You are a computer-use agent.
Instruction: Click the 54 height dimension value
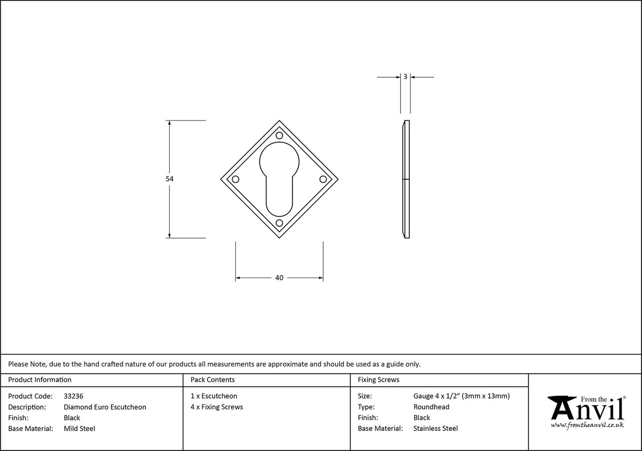click(x=169, y=179)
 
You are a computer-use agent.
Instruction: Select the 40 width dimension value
click(x=279, y=278)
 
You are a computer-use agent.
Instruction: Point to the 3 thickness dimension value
click(x=405, y=77)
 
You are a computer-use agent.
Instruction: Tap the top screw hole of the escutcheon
click(x=279, y=136)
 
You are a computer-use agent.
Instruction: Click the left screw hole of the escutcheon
click(x=236, y=179)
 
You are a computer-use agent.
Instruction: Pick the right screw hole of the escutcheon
click(x=323, y=179)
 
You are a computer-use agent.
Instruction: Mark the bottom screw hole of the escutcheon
click(x=279, y=223)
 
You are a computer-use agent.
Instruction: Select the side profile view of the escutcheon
click(x=406, y=179)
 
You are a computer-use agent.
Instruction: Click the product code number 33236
click(x=73, y=396)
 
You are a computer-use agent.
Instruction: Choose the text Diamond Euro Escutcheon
click(x=105, y=407)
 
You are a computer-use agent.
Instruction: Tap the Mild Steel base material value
click(x=79, y=429)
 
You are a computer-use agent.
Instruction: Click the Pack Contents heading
click(x=213, y=380)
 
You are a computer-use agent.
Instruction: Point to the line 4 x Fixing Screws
click(x=217, y=407)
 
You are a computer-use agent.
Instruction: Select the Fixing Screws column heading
click(x=379, y=380)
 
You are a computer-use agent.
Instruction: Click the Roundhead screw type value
click(x=431, y=407)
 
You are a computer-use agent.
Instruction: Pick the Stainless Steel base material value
click(x=435, y=429)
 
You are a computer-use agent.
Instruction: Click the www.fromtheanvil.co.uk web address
click(x=587, y=425)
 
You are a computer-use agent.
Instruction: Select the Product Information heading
click(x=40, y=380)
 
